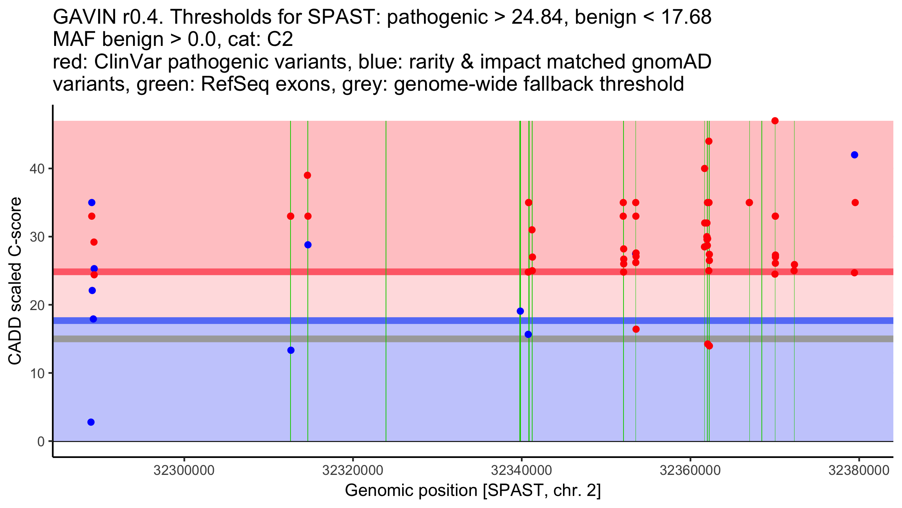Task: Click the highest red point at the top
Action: (x=775, y=121)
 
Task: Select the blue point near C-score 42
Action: (x=854, y=155)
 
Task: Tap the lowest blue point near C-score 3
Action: (x=91, y=422)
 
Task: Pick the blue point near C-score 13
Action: (x=291, y=350)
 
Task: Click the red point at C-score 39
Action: (x=307, y=175)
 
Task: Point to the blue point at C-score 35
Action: (x=92, y=202)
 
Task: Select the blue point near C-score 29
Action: (x=308, y=245)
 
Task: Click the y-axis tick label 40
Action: (x=36, y=169)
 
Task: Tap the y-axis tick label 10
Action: (x=36, y=373)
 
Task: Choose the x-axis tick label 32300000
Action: (x=184, y=471)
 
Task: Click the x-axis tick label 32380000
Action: (x=859, y=471)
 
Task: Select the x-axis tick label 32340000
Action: (x=521, y=471)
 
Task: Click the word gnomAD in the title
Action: (x=671, y=62)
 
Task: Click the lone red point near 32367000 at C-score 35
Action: (x=749, y=202)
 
